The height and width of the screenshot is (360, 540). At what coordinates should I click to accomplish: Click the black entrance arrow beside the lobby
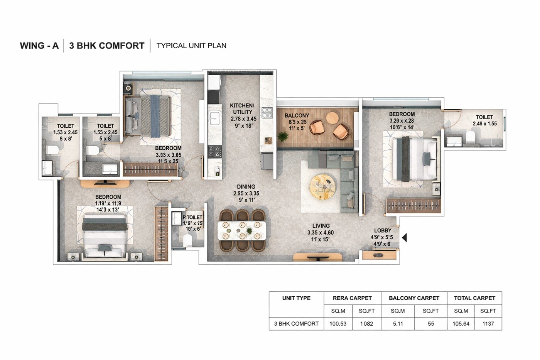coord(404,238)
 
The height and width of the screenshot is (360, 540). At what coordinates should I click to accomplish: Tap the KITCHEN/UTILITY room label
coord(242,109)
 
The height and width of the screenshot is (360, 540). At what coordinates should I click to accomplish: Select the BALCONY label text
coord(297,115)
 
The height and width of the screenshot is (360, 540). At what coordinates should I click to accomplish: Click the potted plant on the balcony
coord(283,137)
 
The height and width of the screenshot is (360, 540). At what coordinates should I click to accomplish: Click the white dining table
coord(242,230)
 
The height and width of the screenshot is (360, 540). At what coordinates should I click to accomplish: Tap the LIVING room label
coord(321,226)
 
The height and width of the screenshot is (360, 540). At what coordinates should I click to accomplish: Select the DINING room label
coord(246,187)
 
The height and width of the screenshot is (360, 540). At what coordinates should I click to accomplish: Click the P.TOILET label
coord(192,218)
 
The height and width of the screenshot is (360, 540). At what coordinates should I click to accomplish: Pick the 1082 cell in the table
coord(366,324)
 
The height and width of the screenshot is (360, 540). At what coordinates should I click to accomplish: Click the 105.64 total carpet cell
coord(461,324)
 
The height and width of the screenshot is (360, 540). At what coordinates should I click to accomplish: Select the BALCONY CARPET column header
coord(414,298)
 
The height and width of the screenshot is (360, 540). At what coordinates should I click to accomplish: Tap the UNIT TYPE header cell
coord(296,298)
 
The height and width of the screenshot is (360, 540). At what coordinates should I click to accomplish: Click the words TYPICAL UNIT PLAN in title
coord(191,46)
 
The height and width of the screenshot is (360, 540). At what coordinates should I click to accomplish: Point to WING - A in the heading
coord(39,46)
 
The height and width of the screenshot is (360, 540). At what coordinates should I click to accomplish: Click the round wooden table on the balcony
coord(332,117)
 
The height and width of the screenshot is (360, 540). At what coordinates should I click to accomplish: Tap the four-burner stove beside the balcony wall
coord(267,113)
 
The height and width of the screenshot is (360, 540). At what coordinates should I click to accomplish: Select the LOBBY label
coord(383,231)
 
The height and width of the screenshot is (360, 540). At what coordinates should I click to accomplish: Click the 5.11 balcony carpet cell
coord(398,324)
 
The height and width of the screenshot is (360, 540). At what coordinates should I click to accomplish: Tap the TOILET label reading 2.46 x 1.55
coord(484,117)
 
